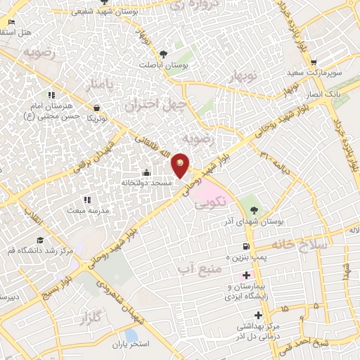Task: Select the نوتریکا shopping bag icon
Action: coord(96,108)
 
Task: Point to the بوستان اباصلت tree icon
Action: coord(163,54)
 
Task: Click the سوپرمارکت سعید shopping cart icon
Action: coord(314,62)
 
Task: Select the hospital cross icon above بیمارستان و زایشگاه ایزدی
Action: coord(245,274)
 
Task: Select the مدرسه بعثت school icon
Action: coord(86,200)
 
